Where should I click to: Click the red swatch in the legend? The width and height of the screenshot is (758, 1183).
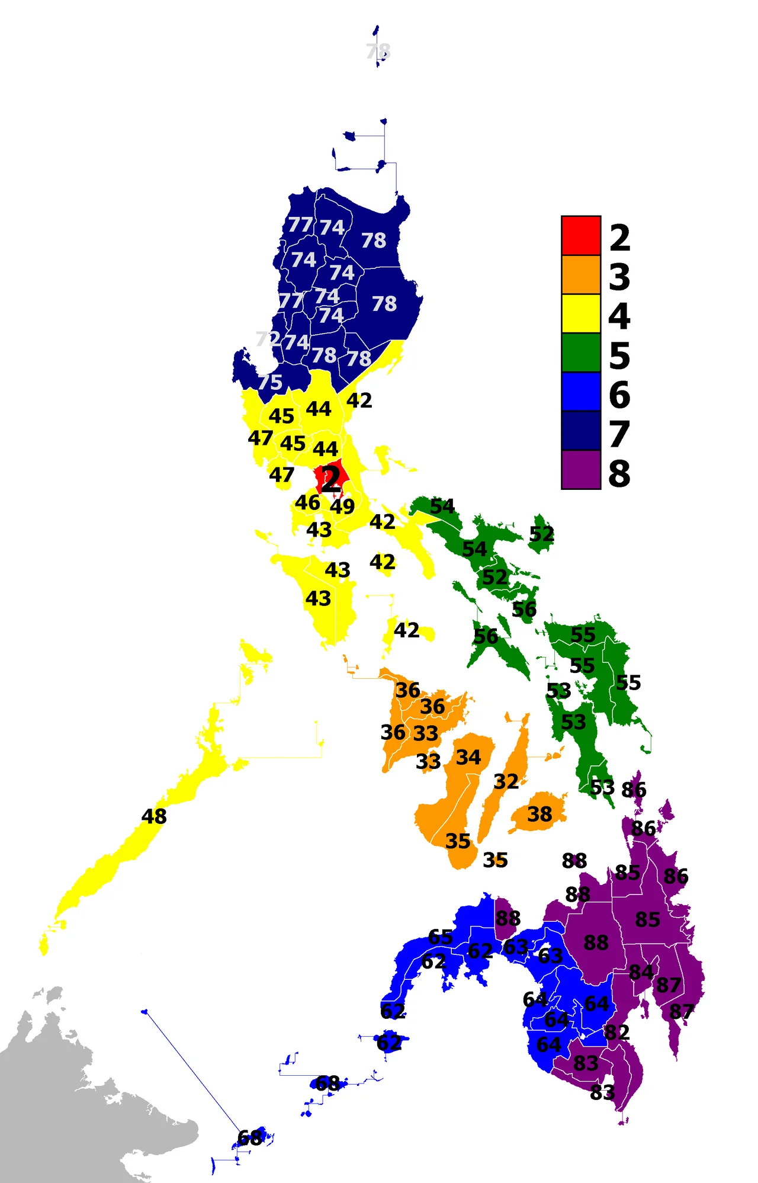581,236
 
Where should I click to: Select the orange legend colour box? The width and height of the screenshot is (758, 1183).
581,275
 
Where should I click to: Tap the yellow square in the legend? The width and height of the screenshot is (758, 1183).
581,313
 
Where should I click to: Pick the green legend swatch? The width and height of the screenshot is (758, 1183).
581,352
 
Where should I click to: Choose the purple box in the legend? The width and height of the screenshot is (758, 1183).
581,470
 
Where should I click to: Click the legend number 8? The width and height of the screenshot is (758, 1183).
619,473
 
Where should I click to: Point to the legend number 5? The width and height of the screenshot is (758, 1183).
619,355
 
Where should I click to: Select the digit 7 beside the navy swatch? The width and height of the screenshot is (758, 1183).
619,434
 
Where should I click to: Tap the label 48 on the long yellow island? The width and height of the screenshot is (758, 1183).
154,816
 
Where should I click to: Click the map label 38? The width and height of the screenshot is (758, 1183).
539,814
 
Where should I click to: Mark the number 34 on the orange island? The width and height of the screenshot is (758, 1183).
468,757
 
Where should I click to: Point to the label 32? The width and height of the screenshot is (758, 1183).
506,781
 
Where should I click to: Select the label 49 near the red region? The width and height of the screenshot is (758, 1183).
342,506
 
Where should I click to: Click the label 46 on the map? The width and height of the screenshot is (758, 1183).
308,502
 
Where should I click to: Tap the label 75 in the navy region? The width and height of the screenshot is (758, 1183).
270,382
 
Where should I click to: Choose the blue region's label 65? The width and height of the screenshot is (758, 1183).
441,937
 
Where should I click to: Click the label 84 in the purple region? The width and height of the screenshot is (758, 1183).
641,972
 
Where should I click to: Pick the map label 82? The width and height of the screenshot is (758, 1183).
617,1032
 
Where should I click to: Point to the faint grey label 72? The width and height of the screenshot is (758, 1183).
268,339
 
